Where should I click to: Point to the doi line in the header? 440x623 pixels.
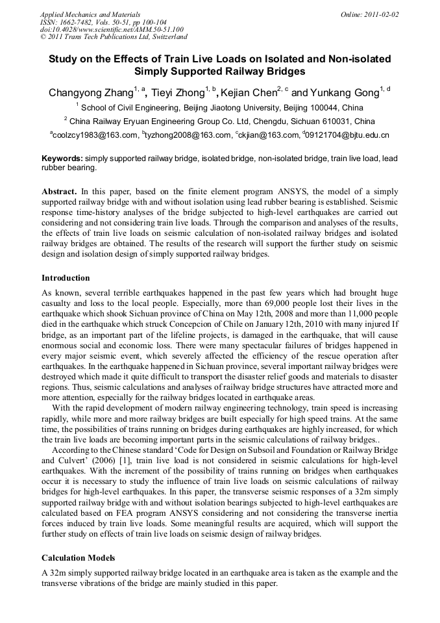(x=112, y=29)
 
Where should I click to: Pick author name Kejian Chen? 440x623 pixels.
(x=249, y=93)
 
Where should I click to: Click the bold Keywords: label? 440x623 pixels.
(x=62, y=159)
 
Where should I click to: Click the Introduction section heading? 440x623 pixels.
(x=66, y=278)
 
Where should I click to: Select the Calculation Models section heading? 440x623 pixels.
(x=79, y=558)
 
